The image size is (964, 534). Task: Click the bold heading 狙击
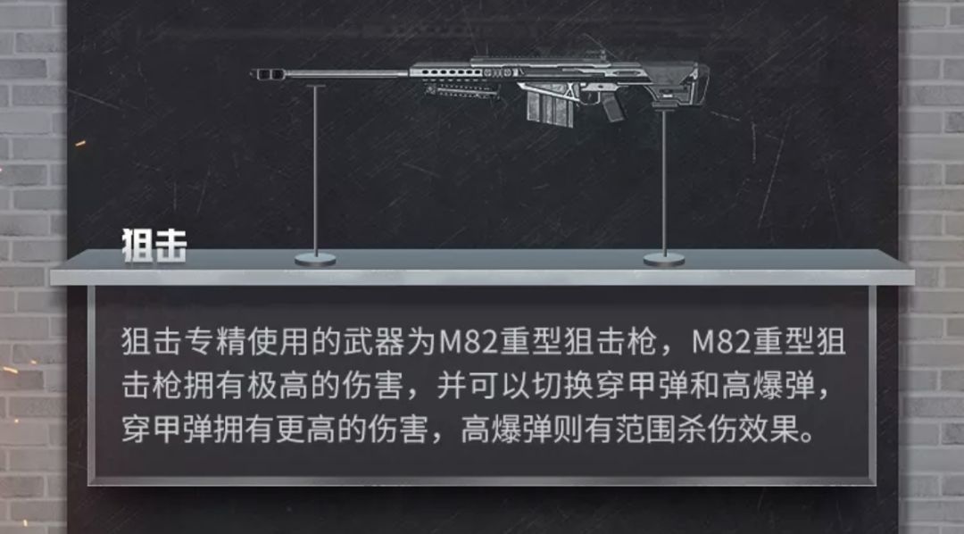click(154, 246)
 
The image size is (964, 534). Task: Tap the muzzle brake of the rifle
click(269, 74)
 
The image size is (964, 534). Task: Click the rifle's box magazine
click(549, 108)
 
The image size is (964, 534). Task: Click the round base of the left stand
click(315, 260)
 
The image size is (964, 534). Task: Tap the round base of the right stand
click(664, 260)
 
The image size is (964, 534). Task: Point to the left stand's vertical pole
click(315, 169)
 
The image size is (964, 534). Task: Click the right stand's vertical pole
click(664, 182)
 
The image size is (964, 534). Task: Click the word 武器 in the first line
click(374, 341)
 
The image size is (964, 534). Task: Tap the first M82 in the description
click(469, 341)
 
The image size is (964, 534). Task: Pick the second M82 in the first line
click(722, 341)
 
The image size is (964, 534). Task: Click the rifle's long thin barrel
click(347, 74)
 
